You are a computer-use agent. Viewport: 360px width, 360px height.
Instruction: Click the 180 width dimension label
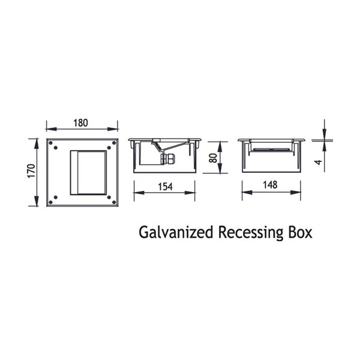[x=80, y=123]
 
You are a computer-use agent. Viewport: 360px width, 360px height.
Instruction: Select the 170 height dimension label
[x=31, y=170]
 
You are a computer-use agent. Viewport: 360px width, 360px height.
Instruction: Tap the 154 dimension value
[x=165, y=187]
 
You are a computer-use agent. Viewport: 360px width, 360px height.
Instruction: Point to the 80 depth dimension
[x=213, y=158]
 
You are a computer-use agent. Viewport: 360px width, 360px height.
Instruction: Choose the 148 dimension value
[x=270, y=185]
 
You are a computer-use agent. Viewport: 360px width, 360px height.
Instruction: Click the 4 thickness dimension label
[x=318, y=163]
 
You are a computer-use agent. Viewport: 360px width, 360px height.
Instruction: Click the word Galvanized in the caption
[x=176, y=233]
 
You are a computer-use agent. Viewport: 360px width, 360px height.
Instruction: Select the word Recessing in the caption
[x=251, y=233]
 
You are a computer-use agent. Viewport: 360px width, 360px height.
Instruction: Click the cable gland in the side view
[x=167, y=158]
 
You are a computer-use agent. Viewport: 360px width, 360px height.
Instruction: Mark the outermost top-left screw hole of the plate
[x=51, y=143]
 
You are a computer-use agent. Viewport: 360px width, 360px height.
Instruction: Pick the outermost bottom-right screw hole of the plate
[x=114, y=202]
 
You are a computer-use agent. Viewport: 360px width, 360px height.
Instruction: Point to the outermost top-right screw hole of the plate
[x=114, y=143]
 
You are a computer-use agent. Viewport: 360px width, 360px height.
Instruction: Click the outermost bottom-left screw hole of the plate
[x=51, y=202]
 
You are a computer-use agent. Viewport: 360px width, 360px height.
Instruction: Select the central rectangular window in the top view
[x=88, y=173]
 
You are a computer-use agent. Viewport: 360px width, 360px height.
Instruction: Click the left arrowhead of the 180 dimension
[x=51, y=129]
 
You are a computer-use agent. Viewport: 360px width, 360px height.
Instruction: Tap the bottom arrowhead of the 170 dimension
[x=37, y=201]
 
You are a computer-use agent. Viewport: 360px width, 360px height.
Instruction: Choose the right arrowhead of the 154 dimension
[x=190, y=193]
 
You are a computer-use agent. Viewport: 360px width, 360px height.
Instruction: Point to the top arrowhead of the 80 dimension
[x=220, y=147]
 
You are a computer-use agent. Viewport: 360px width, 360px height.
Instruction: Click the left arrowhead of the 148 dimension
[x=247, y=193]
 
